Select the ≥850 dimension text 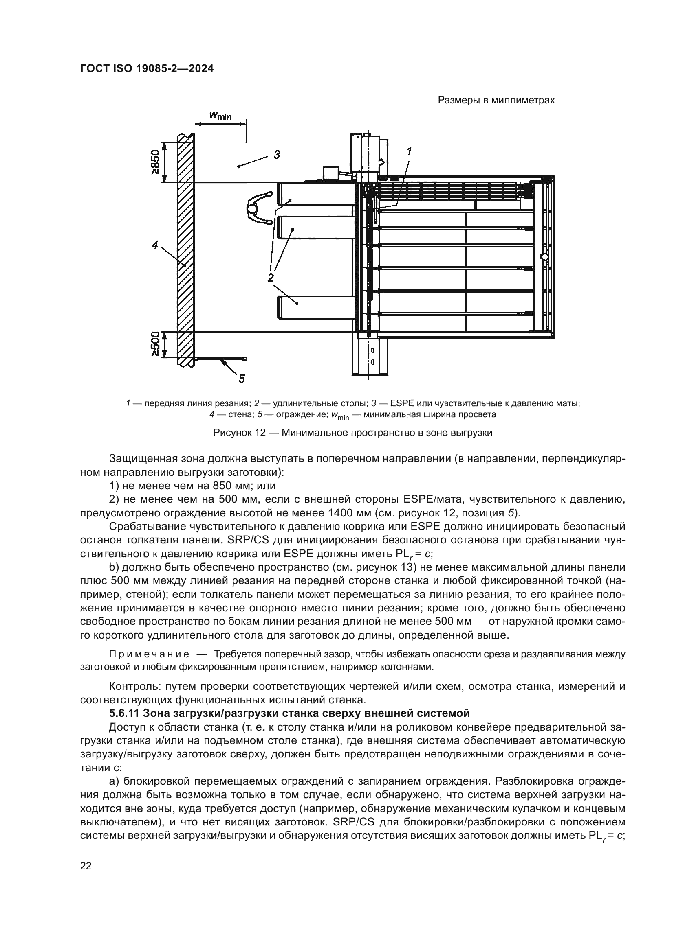(x=155, y=162)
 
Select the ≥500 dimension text (x=155, y=344)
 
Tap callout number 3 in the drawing (x=277, y=155)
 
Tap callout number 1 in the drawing (x=409, y=151)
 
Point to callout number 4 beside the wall (x=155, y=245)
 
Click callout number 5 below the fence (x=242, y=378)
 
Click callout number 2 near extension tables (x=271, y=278)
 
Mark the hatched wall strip (x=185, y=249)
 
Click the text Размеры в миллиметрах (x=496, y=101)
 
